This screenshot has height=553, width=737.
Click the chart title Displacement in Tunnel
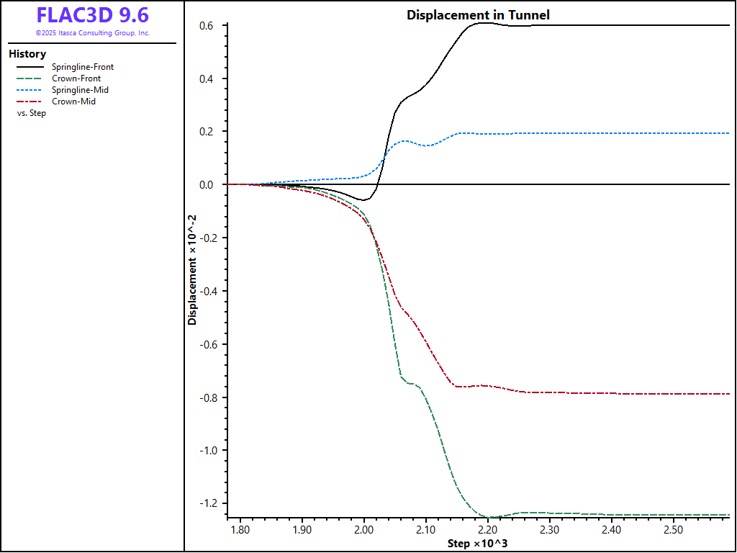[x=478, y=14]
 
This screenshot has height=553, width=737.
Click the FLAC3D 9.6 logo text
[x=92, y=15]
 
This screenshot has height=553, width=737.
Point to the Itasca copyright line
[x=92, y=33]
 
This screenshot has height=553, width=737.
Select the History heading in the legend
[x=27, y=54]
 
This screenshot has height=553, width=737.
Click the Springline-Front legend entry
[x=83, y=67]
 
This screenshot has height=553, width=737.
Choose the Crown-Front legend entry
[x=76, y=78]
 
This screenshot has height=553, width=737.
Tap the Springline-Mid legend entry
[x=80, y=90]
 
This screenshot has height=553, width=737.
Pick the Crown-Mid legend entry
[x=73, y=102]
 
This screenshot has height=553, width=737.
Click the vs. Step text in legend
[x=32, y=113]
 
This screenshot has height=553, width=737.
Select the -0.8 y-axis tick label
[x=208, y=397]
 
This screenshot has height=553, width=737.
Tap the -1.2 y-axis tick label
[x=208, y=504]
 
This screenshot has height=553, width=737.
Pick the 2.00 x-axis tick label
[x=363, y=530]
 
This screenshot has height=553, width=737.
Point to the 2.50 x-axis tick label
[x=673, y=530]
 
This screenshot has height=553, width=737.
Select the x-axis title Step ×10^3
[x=478, y=543]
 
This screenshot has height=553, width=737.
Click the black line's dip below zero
[x=364, y=200]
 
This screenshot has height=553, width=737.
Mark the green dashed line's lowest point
[x=489, y=518]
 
